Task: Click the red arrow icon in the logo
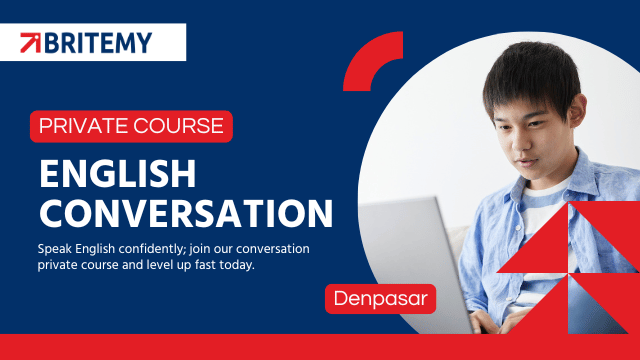(x=31, y=43)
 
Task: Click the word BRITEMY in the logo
(x=98, y=43)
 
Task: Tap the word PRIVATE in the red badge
(x=84, y=126)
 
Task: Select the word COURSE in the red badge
(x=178, y=126)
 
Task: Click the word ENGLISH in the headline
(x=118, y=173)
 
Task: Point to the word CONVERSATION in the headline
(x=186, y=213)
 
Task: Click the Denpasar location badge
(x=380, y=299)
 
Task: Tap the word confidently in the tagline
(x=152, y=249)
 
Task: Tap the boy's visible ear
(x=577, y=109)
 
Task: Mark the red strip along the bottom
(x=320, y=347)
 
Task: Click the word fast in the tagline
(x=205, y=265)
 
